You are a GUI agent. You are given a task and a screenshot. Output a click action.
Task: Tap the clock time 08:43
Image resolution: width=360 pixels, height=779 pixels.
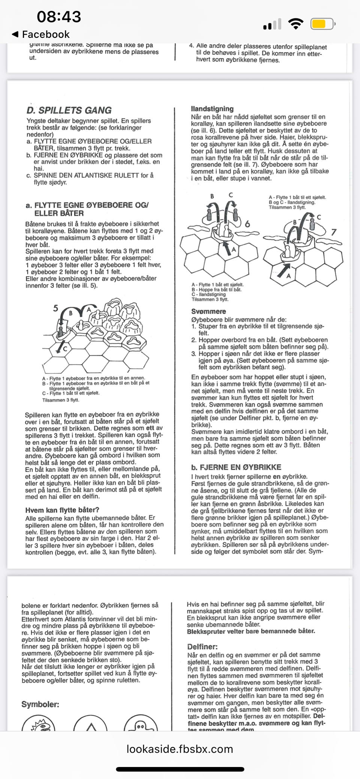(x=59, y=17)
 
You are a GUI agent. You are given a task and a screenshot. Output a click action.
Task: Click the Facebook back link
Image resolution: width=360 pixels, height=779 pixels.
(x=41, y=34)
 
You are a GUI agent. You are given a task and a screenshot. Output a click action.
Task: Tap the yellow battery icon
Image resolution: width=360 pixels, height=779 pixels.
(x=322, y=24)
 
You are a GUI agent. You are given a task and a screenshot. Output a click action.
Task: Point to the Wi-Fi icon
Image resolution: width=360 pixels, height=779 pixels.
(x=295, y=24)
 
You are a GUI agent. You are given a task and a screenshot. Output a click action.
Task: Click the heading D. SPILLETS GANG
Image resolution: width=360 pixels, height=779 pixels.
(x=69, y=110)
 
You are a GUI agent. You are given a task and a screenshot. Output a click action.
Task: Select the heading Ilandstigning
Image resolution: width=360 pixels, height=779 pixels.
(x=212, y=109)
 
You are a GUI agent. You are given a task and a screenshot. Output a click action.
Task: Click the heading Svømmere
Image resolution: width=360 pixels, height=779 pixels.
(x=208, y=312)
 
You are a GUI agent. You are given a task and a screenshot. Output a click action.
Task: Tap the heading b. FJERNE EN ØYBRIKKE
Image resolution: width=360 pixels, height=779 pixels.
(x=236, y=467)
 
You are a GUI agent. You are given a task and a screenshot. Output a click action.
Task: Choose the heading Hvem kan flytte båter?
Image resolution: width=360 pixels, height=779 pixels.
(x=62, y=510)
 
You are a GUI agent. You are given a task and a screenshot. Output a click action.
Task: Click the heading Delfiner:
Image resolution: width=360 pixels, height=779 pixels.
(x=202, y=647)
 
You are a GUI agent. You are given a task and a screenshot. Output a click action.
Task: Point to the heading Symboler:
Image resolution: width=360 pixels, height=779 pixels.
(x=40, y=704)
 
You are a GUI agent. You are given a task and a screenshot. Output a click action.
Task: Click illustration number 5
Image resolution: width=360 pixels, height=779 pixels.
(x=55, y=309)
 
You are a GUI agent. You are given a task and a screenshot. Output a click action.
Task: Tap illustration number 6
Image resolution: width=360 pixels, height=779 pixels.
(x=247, y=224)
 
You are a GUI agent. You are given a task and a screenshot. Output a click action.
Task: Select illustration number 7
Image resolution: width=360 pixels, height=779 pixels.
(x=333, y=232)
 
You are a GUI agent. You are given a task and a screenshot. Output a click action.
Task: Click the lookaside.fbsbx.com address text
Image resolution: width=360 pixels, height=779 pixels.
(x=180, y=749)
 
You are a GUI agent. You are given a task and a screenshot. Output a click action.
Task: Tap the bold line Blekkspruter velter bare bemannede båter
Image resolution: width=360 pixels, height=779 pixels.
(x=251, y=631)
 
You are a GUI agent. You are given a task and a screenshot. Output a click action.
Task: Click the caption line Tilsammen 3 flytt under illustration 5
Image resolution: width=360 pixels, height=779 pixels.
(x=61, y=400)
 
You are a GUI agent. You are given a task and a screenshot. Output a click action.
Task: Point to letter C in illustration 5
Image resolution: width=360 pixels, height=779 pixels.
(x=64, y=348)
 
